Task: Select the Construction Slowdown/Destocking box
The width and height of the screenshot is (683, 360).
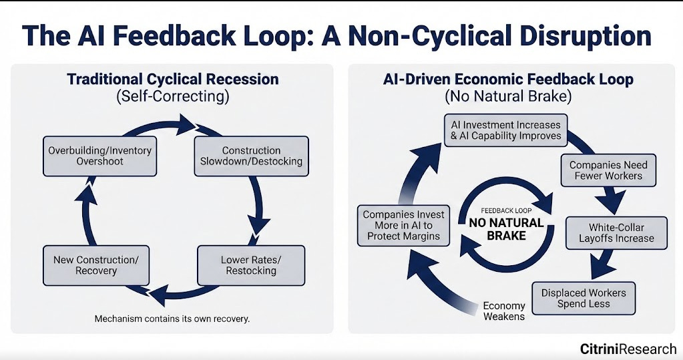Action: tap(251, 156)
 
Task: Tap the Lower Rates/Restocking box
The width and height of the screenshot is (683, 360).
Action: tap(251, 265)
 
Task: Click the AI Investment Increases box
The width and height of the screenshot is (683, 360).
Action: tap(506, 130)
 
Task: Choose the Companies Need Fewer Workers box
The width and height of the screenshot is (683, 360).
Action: tap(608, 170)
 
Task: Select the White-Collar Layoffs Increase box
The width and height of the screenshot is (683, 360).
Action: tap(616, 233)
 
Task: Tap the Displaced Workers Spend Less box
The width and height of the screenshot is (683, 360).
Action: tap(584, 298)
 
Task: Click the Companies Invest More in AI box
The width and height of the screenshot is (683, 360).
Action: tap(404, 226)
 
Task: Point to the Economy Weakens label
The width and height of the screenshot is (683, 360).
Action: tap(504, 311)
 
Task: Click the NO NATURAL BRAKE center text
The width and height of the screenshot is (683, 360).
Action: tap(506, 229)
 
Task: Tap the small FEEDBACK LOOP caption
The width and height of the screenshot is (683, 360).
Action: tap(505, 210)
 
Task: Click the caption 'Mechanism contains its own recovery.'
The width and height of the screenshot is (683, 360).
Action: tap(172, 319)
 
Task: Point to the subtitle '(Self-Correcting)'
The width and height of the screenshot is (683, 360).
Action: tap(172, 96)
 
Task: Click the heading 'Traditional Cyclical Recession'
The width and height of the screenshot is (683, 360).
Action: tap(172, 79)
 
